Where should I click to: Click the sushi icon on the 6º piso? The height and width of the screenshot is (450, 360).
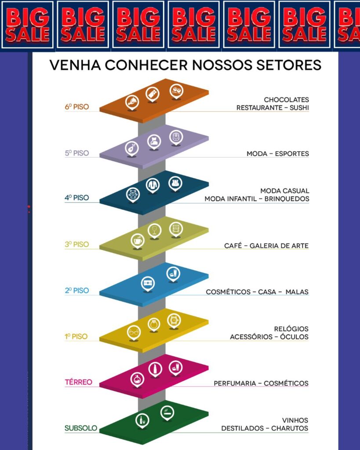(176, 91)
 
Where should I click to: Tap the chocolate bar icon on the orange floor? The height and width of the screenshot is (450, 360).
(153, 94)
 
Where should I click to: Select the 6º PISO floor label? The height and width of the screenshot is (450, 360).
(77, 107)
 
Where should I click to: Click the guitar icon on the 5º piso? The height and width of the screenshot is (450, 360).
(132, 149)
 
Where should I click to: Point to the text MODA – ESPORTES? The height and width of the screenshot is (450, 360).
(278, 154)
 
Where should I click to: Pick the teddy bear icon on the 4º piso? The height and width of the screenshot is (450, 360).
(133, 194)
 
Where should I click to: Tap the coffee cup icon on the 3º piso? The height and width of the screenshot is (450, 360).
(138, 240)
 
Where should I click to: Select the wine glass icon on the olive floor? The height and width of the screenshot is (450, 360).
(154, 230)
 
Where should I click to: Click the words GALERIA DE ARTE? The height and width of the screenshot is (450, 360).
(279, 246)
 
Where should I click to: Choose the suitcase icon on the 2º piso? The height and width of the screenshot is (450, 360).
(148, 283)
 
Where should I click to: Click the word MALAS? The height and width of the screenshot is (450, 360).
(297, 292)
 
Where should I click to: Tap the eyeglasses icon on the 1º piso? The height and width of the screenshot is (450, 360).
(134, 332)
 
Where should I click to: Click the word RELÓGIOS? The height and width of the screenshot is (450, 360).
(291, 329)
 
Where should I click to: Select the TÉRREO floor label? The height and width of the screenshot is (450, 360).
(78, 382)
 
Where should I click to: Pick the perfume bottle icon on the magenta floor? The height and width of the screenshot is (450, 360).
(137, 379)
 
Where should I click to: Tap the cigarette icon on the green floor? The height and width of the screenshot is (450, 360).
(167, 413)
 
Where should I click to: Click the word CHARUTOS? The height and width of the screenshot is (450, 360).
(290, 428)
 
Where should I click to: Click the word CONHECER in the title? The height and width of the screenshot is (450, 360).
(146, 65)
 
